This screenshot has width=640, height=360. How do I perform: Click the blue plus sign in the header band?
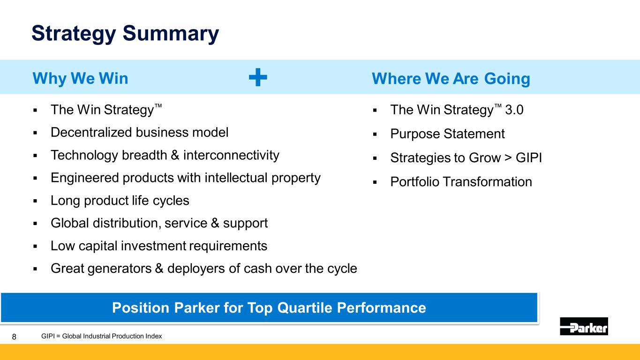pos(258,77)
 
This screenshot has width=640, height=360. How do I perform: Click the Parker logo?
pos(584,326)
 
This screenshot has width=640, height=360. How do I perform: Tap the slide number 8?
pos(14,337)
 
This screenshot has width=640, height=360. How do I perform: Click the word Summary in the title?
pos(171,33)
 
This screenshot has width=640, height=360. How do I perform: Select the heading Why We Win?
pos(80,78)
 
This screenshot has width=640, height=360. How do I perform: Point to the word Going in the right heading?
pos(507,79)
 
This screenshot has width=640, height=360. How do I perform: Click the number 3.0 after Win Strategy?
pos(514,110)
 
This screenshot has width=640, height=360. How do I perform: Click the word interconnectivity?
pos(231,155)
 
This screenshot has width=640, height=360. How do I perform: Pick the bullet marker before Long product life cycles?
pos(35,201)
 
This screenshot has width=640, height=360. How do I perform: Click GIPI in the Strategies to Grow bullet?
pos(528,157)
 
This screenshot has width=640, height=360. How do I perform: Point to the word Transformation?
pos(487,182)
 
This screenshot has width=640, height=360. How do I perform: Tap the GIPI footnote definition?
pos(101,336)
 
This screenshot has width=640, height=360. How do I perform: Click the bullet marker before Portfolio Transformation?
pos(375,182)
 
